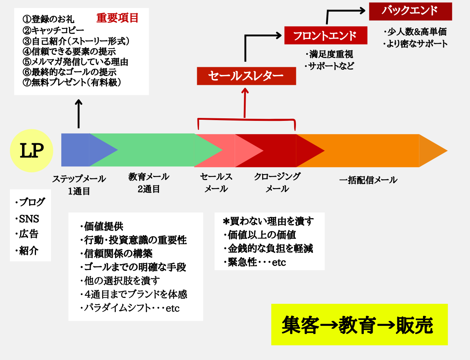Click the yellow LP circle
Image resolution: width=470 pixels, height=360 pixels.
click(32, 151)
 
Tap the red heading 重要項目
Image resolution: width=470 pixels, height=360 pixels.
click(117, 18)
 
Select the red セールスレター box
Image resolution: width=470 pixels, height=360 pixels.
click(246, 76)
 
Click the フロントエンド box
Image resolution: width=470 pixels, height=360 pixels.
click(326, 36)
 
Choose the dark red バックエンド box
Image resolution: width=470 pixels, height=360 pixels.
click(411, 11)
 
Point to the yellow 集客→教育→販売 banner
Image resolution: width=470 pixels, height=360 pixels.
click(359, 324)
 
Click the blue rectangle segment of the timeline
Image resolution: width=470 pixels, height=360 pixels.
click(75, 150)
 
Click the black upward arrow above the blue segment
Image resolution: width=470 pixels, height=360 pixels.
click(79, 114)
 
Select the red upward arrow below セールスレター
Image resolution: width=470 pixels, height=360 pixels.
click(245, 103)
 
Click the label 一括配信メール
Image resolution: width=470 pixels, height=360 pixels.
click(368, 180)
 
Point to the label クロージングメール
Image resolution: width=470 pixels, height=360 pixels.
click(277, 183)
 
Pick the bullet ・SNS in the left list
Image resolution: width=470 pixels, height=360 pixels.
click(27, 219)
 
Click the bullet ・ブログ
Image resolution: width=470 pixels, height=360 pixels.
click(30, 202)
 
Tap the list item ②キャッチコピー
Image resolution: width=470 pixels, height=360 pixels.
click(53, 30)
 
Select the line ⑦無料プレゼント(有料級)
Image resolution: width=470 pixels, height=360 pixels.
click(72, 82)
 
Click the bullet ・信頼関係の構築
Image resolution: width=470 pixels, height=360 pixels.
click(116, 253)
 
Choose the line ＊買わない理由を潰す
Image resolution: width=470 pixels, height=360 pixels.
click(268, 221)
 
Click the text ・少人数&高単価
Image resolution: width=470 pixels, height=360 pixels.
click(415, 32)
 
